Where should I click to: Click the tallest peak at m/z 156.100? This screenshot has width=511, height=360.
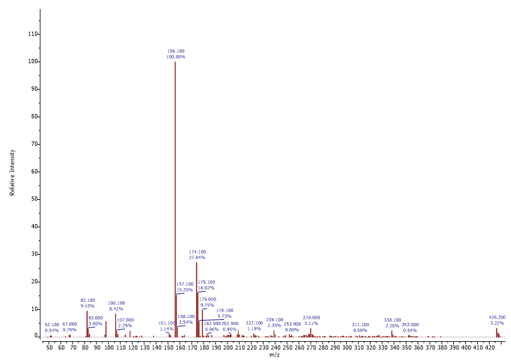pyautogui.click(x=175, y=188)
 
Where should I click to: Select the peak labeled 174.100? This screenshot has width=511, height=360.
pyautogui.click(x=197, y=301)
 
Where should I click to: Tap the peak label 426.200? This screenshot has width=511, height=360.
pyautogui.click(x=497, y=317)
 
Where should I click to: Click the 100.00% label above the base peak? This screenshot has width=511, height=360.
pyautogui.click(x=175, y=57)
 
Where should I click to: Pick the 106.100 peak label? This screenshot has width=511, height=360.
pyautogui.click(x=116, y=303)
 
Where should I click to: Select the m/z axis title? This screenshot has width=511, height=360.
pyautogui.click(x=274, y=355)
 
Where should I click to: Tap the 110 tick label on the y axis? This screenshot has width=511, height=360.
pyautogui.click(x=33, y=34)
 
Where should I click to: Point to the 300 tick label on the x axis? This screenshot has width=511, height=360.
pyautogui.click(x=348, y=346)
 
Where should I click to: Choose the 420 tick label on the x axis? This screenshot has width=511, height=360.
pyautogui.click(x=490, y=346)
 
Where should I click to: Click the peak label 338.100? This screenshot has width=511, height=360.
pyautogui.click(x=393, y=320)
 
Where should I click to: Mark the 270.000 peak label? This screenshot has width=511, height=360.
pyautogui.click(x=311, y=317)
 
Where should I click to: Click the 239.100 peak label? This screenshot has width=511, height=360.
pyautogui.click(x=275, y=320)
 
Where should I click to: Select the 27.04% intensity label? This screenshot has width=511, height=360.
pyautogui.click(x=197, y=257)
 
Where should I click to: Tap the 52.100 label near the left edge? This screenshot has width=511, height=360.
pyautogui.click(x=52, y=325)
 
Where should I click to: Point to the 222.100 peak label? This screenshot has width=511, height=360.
pyautogui.click(x=254, y=323)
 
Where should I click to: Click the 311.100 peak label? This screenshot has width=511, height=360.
pyautogui.click(x=360, y=325)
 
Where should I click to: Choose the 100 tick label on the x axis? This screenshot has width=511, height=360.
pyautogui.click(x=109, y=346)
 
